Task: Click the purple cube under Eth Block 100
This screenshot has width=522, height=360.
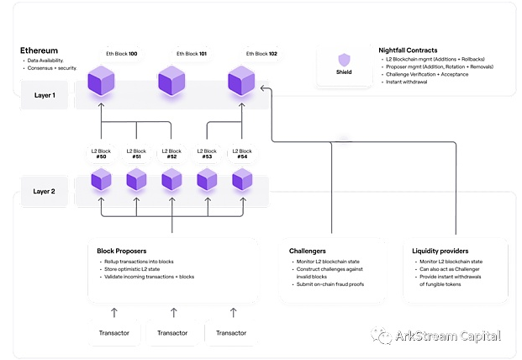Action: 101,80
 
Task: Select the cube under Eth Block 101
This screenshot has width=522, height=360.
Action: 171,80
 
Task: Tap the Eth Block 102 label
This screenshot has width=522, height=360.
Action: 261,54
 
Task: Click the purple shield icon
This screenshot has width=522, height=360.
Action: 345,60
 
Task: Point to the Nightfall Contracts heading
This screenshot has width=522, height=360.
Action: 408,50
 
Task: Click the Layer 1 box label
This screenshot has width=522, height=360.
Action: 45,95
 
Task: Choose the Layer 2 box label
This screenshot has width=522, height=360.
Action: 44,192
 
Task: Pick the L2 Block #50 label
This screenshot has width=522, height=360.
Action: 101,154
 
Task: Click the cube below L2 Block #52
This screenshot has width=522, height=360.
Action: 171,179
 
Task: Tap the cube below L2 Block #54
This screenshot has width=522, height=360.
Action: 242,179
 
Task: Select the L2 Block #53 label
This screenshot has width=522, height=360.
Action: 207,154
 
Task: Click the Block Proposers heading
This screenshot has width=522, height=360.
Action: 122,251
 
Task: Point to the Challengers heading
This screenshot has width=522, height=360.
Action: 308,251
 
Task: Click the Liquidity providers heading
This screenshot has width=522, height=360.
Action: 440,251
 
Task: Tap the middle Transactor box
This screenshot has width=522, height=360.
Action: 172,333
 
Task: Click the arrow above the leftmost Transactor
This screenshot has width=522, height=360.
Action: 114,312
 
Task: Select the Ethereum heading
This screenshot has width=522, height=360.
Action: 39,50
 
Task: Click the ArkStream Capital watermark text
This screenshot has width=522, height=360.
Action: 448,336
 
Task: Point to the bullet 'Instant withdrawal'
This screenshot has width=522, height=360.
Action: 407,82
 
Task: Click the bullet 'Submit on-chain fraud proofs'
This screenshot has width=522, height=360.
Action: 330,284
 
